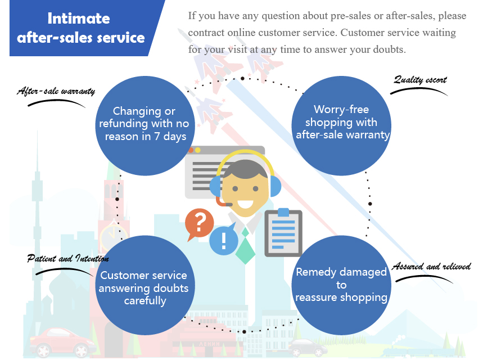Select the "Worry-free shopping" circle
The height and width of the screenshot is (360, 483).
click(x=342, y=123)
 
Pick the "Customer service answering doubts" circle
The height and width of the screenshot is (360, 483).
click(x=143, y=287)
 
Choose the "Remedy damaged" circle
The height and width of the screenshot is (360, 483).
click(x=342, y=285)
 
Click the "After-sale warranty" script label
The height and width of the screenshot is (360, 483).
click(x=56, y=91)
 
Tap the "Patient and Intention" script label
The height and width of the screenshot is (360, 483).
click(x=68, y=259)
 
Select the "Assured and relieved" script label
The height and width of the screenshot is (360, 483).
click(x=431, y=266)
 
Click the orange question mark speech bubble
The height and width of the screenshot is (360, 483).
click(x=199, y=223)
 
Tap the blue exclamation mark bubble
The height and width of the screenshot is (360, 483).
click(x=223, y=241)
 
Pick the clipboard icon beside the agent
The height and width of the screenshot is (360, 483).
click(x=283, y=230)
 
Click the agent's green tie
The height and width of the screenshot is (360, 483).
click(x=246, y=247)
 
